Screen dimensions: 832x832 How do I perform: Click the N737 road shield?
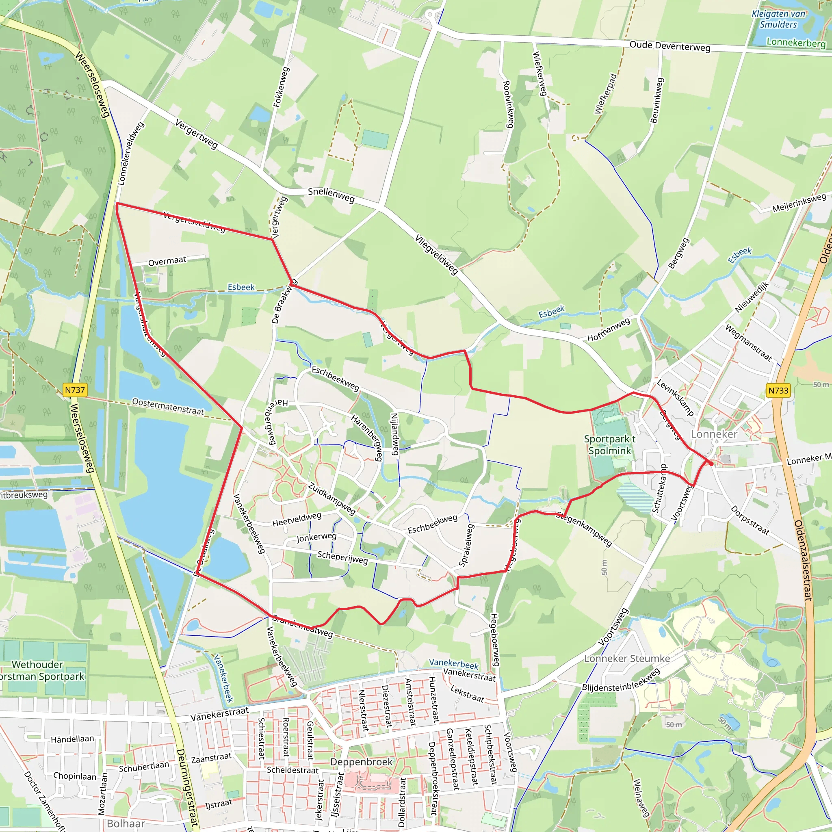pyautogui.click(x=75, y=390)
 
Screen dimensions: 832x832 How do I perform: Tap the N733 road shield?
pyautogui.click(x=778, y=390)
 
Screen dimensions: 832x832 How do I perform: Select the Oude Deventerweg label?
pyautogui.click(x=669, y=46)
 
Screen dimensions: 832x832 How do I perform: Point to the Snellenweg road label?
pyautogui.click(x=331, y=195)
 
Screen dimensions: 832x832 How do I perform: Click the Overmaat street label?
pyautogui.click(x=167, y=261)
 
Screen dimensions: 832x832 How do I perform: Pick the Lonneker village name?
pyautogui.click(x=714, y=434)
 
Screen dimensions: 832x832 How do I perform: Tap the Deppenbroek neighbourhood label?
pyautogui.click(x=361, y=762)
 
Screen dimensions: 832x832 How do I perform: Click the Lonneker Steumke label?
pyautogui.click(x=627, y=659)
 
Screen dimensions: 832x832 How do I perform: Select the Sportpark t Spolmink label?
pyautogui.click(x=609, y=445)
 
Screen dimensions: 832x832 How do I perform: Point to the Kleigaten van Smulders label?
pyautogui.click(x=778, y=19)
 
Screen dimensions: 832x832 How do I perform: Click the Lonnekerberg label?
pyautogui.click(x=796, y=42)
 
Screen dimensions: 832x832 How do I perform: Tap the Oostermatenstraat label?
pyautogui.click(x=168, y=407)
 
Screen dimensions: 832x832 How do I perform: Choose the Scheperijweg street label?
pyautogui.click(x=342, y=557)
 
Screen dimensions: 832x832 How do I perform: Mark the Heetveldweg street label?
pyautogui.click(x=297, y=519)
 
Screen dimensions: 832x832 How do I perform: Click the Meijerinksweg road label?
pyautogui.click(x=799, y=203)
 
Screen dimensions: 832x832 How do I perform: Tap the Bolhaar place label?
pyautogui.click(x=126, y=823)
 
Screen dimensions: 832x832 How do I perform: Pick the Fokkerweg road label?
pyautogui.click(x=281, y=87)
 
